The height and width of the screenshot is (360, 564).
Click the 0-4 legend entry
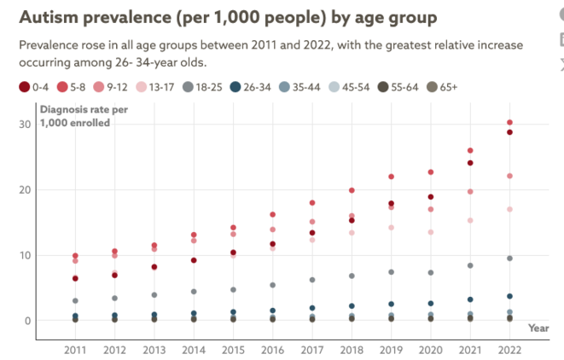35,86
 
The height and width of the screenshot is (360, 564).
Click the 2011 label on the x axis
76,350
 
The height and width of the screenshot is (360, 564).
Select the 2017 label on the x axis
312,350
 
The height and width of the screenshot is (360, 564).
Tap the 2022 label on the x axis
509,350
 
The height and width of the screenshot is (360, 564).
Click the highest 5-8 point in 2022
509,123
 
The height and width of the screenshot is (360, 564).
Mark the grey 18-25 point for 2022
509,258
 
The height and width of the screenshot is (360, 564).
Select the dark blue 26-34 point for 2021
470,299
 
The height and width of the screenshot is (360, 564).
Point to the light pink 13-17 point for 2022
509,209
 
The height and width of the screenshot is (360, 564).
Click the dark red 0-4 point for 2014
194,260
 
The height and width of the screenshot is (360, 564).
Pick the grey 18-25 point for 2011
76,301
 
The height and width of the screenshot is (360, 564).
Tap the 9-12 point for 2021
470,192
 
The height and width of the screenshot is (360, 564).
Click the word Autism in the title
49,18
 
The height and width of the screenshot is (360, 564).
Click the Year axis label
538,328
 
